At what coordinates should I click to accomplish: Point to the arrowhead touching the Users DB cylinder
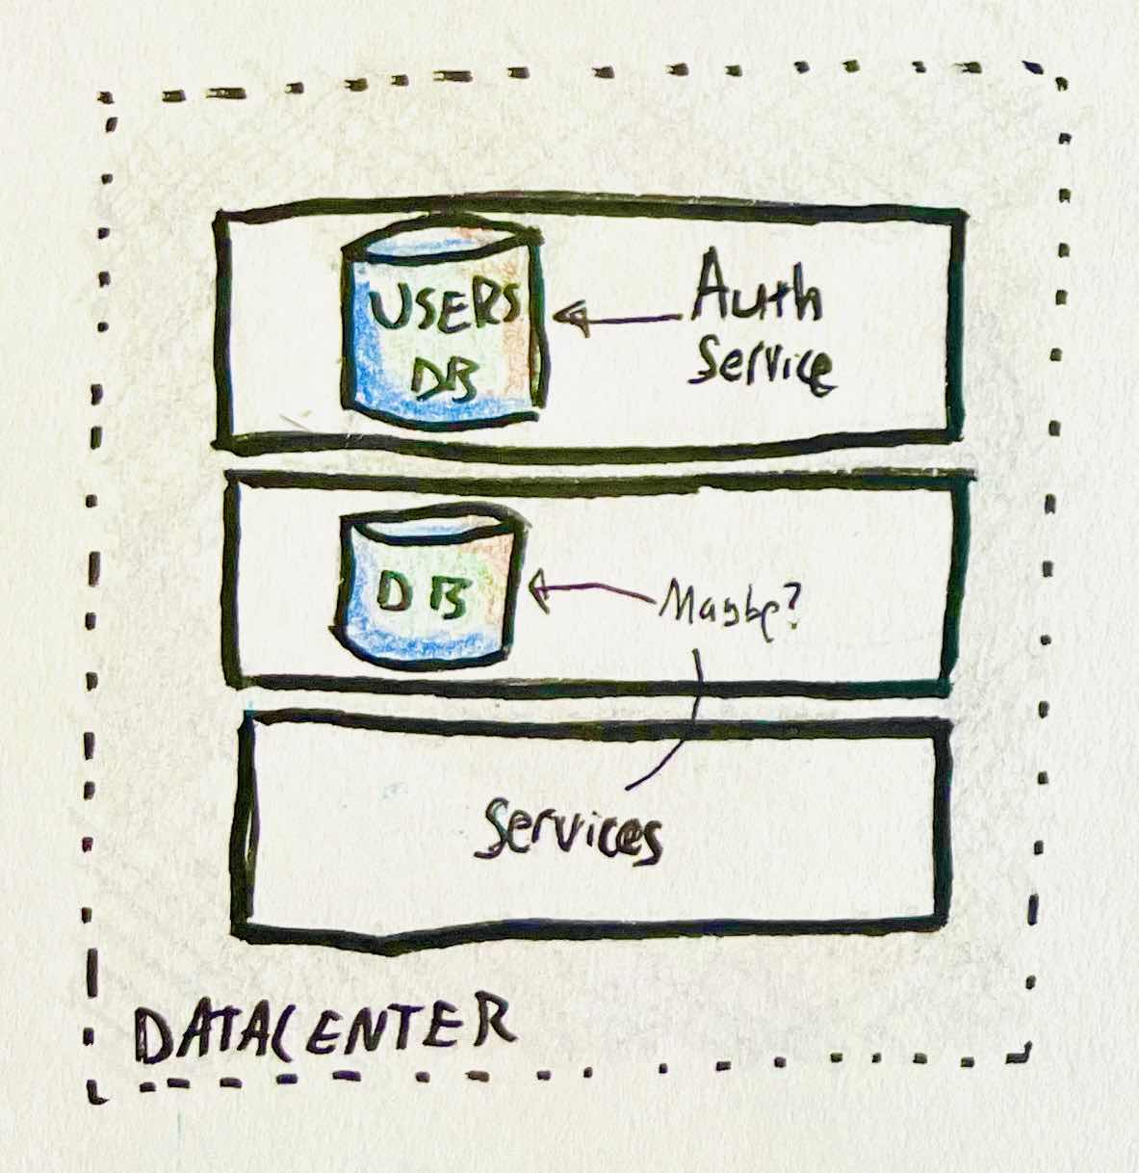click(573, 318)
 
